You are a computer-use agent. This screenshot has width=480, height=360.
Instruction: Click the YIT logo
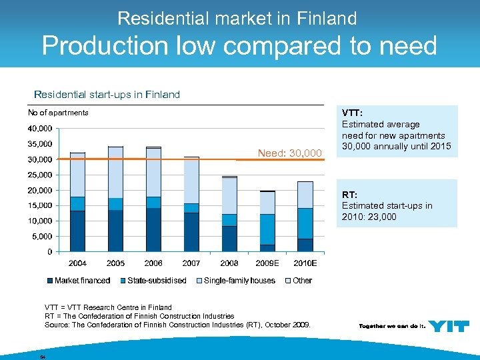pyautogui.click(x=449, y=326)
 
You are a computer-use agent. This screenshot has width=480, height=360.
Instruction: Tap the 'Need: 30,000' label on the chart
pyautogui.click(x=289, y=154)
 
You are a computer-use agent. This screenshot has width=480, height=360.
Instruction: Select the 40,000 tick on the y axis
pyautogui.click(x=40, y=128)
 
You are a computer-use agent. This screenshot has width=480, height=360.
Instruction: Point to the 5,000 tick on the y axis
pyautogui.click(x=42, y=236)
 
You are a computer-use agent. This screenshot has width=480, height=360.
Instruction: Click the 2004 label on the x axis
pyautogui.click(x=77, y=263)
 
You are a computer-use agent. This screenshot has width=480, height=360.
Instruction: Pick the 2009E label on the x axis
pyautogui.click(x=267, y=263)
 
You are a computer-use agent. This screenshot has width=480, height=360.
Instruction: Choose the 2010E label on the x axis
pyautogui.click(x=305, y=263)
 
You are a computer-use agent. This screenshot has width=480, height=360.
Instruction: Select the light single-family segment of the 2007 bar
pyautogui.click(x=191, y=180)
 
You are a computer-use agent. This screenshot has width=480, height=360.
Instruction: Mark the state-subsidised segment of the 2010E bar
pyautogui.click(x=305, y=223)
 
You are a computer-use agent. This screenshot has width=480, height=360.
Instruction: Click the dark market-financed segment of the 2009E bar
pyautogui.click(x=267, y=248)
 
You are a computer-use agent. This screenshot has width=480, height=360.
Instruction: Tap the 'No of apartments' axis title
pyautogui.click(x=58, y=113)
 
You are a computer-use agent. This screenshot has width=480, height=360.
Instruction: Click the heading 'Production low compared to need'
pyautogui.click(x=239, y=45)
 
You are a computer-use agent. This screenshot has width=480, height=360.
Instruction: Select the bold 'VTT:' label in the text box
pyautogui.click(x=352, y=113)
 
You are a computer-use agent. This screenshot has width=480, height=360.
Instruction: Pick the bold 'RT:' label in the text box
pyautogui.click(x=349, y=195)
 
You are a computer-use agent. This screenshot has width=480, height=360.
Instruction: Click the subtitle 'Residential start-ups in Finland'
pyautogui.click(x=107, y=95)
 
